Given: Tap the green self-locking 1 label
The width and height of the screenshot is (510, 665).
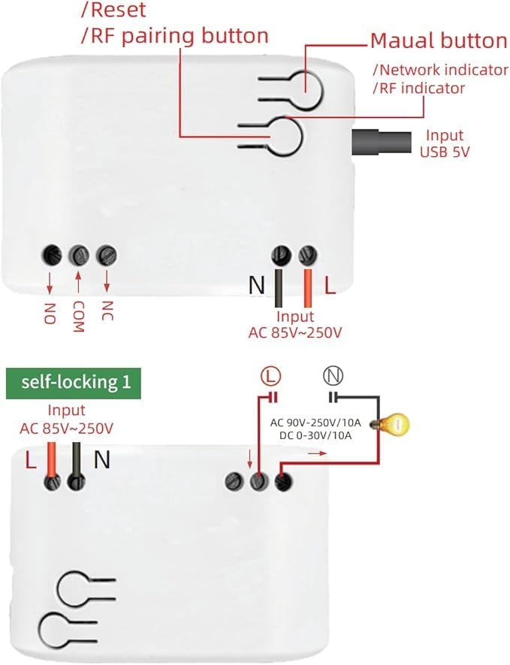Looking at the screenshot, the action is (x=74, y=383).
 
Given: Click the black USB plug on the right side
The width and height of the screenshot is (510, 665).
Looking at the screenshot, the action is (x=382, y=143).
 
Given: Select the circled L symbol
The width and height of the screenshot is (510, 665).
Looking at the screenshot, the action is (x=270, y=376).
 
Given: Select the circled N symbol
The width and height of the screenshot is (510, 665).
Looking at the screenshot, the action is (x=333, y=376).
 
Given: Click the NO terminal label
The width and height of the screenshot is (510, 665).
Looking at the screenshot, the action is (x=50, y=314).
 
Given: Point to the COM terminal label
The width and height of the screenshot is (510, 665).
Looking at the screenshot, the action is (x=78, y=317).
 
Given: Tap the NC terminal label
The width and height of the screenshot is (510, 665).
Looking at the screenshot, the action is (x=107, y=311).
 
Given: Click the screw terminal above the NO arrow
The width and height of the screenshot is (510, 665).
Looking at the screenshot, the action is (x=52, y=255).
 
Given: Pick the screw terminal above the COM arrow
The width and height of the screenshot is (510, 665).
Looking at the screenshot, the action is (x=79, y=255).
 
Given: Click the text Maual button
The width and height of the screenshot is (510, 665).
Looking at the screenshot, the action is (x=439, y=41).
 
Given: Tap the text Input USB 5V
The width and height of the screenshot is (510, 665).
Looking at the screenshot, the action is (x=445, y=143).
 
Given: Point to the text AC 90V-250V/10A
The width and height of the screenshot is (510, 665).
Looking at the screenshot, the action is (x=315, y=423).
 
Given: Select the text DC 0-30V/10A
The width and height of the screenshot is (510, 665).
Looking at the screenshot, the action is (x=315, y=435).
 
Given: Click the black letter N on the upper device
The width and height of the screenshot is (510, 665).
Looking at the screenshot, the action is (x=257, y=285).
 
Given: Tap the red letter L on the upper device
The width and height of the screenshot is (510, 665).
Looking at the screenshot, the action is (x=330, y=285).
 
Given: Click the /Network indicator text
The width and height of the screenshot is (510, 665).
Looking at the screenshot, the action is (x=440, y=70).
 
